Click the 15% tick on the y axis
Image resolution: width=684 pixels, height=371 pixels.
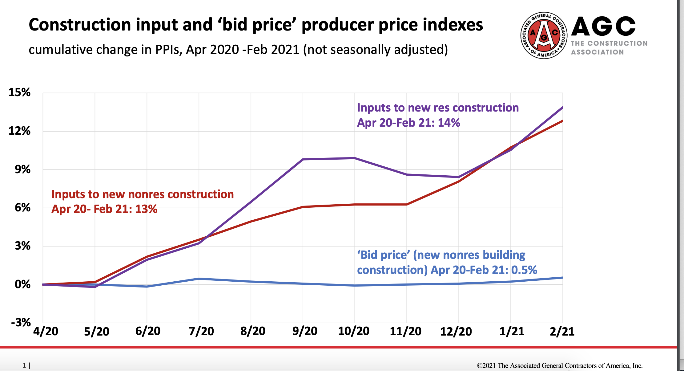coord(19,92)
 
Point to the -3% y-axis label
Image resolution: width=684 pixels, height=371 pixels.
coord(21,323)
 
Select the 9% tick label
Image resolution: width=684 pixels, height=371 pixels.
coord(22,169)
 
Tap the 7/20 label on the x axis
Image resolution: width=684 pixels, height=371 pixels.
coord(201,331)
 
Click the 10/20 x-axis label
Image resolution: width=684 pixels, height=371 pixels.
coord(354,331)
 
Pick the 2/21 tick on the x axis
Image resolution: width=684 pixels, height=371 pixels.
coord(562,331)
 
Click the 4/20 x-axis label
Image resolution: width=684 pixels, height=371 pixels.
coord(46,331)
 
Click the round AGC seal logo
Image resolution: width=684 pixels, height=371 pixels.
coord(544,35)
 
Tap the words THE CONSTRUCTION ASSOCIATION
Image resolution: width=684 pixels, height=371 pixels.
coord(609,48)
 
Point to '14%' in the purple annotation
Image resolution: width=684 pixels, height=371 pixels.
coord(449,123)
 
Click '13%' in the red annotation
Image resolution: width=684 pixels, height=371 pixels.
coord(146,209)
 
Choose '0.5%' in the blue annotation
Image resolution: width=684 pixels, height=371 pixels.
coord(524,270)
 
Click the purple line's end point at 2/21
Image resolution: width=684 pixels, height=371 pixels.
coord(562,108)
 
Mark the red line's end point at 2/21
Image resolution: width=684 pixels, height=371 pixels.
coord(562,121)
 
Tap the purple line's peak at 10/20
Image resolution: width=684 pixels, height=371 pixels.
coord(355,158)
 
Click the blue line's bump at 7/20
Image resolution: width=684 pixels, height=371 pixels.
coord(199,279)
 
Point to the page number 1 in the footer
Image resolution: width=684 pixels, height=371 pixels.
coord(24,365)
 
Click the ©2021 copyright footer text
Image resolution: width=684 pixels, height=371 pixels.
coord(560,366)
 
